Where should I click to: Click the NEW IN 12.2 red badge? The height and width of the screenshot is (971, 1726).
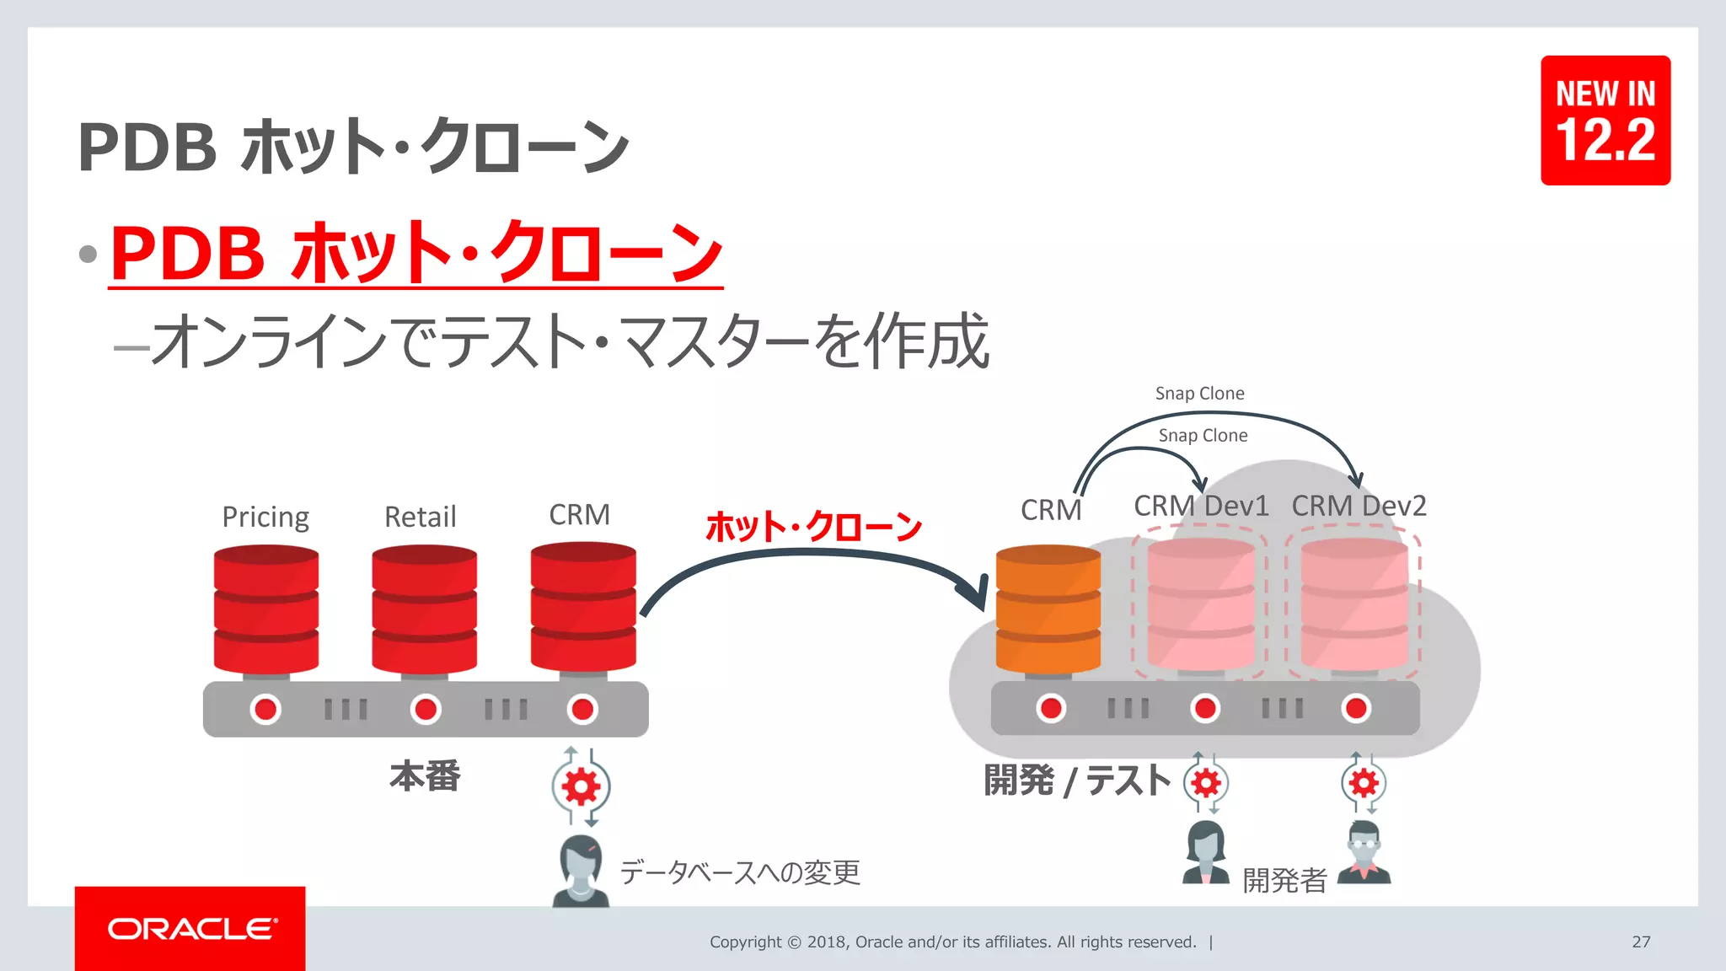click(x=1605, y=121)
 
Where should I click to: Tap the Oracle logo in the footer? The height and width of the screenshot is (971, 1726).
click(x=190, y=928)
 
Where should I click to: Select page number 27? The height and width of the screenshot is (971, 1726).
click(x=1640, y=941)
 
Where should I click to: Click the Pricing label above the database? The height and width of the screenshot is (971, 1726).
click(x=265, y=517)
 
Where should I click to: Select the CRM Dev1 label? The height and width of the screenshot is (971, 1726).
click(x=1200, y=506)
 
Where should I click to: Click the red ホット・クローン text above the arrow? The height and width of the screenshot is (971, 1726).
click(x=813, y=527)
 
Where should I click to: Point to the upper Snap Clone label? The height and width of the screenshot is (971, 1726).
click(x=1198, y=394)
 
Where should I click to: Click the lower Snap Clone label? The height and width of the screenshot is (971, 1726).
click(x=1202, y=436)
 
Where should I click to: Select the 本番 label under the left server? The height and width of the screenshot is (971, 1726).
click(x=425, y=775)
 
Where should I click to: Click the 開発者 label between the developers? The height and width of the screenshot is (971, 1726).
click(x=1284, y=881)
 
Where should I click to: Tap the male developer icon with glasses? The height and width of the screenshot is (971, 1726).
click(x=1363, y=853)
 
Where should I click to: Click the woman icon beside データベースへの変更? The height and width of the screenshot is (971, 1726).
click(x=581, y=871)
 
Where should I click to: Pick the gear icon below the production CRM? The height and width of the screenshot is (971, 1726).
click(x=581, y=787)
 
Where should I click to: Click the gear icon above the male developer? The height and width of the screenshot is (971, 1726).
click(x=1363, y=783)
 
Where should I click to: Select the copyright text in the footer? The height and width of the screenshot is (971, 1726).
click(x=952, y=941)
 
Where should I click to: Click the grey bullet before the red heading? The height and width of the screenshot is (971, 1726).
click(x=88, y=254)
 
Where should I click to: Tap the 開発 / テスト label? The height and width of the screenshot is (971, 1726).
click(x=1076, y=781)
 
